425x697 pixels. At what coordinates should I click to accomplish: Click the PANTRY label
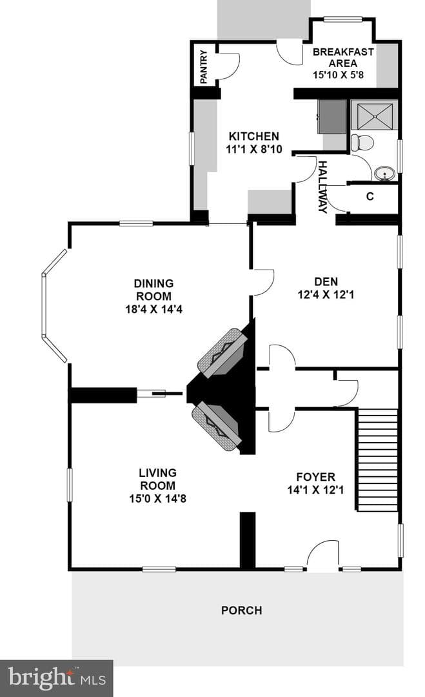[x=204, y=67]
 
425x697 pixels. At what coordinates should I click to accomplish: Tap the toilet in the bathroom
[x=362, y=143]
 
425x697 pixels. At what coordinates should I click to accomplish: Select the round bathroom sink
[x=384, y=174]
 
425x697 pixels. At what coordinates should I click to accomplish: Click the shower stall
[x=373, y=116]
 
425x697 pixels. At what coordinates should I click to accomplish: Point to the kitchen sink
[x=332, y=116]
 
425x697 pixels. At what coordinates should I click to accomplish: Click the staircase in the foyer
[x=377, y=460]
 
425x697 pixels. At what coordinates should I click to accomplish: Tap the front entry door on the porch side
[x=323, y=556]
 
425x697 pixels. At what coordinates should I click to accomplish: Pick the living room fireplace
[x=217, y=427]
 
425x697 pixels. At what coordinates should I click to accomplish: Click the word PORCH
[x=242, y=611]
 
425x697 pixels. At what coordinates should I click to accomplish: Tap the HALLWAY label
[x=323, y=187]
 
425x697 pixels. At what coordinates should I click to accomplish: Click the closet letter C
[x=370, y=196]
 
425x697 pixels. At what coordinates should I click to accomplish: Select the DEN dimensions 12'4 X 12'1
[x=326, y=294]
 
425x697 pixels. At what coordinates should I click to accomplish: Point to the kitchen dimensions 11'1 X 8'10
[x=254, y=149]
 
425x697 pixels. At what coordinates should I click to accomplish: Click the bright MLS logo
[x=56, y=678]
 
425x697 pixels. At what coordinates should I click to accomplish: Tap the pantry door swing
[x=228, y=66]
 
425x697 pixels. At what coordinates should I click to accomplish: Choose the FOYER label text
[x=316, y=477]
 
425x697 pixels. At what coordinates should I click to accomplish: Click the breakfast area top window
[x=343, y=19]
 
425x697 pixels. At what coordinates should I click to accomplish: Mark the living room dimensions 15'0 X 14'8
[x=157, y=498]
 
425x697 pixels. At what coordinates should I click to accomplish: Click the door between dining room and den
[x=263, y=282]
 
